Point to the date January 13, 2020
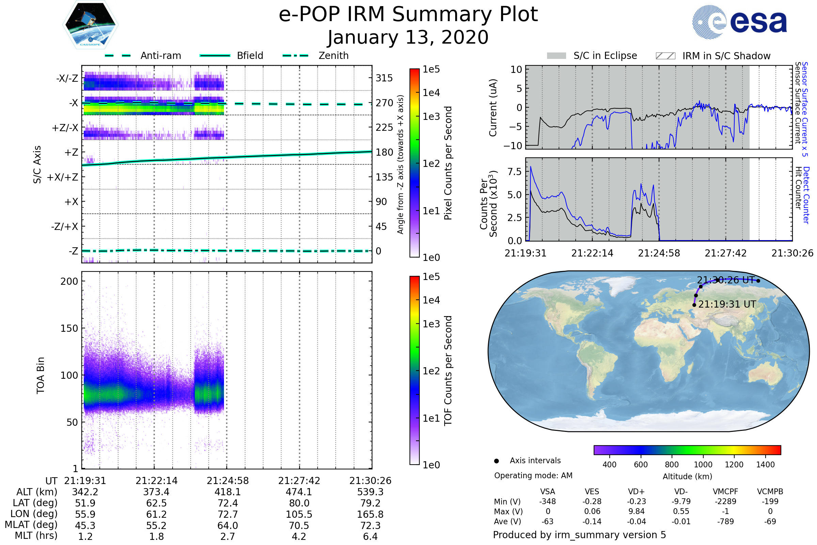click(x=408, y=37)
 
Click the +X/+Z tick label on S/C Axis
click(x=63, y=177)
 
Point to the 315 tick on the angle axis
click(x=384, y=78)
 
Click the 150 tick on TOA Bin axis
click(x=69, y=328)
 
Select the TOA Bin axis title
click(x=41, y=375)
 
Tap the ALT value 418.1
click(x=227, y=492)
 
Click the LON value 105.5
click(x=299, y=514)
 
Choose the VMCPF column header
click(x=725, y=492)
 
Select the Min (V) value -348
click(x=547, y=501)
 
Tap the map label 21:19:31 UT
click(x=727, y=305)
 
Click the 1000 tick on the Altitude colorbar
click(x=703, y=465)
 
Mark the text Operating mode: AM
click(x=533, y=476)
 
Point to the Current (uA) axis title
click(x=493, y=108)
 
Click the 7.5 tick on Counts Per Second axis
click(x=514, y=172)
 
